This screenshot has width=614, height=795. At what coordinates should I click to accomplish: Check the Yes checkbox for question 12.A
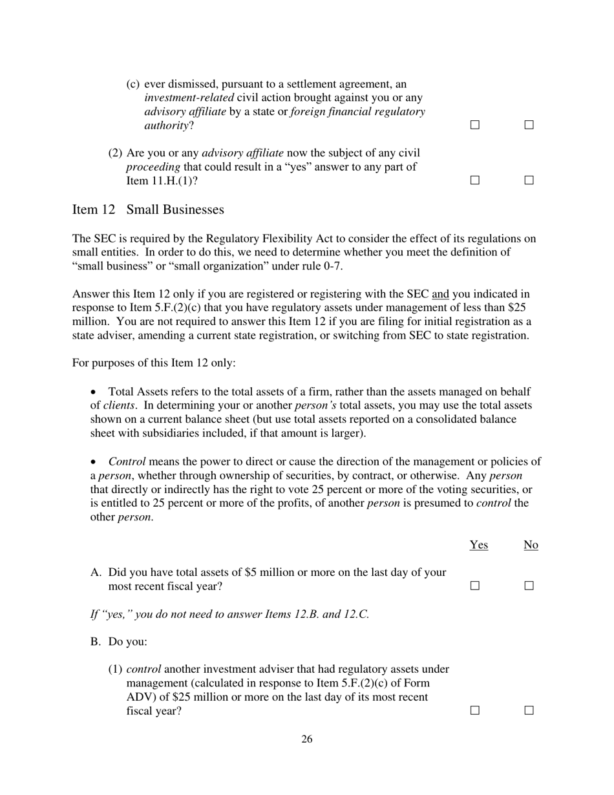(475, 586)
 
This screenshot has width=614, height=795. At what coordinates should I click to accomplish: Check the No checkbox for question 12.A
(529, 586)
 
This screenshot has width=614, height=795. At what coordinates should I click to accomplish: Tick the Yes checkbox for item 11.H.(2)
(475, 181)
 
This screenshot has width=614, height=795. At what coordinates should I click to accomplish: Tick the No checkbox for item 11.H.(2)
(529, 181)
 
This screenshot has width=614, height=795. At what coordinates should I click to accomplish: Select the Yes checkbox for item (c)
(475, 125)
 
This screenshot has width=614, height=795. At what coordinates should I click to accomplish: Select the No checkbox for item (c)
(529, 125)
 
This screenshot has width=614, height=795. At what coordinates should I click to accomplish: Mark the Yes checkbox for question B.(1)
(475, 710)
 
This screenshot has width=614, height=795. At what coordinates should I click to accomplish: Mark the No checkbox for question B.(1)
(529, 710)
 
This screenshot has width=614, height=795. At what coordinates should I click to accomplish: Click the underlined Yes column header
(478, 545)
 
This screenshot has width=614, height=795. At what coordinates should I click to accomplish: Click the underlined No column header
(531, 545)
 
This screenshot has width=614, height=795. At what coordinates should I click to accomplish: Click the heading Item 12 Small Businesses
(149, 210)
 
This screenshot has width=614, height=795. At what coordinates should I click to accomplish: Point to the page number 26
(307, 739)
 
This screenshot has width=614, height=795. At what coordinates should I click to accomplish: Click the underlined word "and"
(440, 295)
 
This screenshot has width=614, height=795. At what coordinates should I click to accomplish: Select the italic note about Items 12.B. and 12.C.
(229, 614)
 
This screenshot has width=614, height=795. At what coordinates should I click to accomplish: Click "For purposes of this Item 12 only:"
(154, 363)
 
